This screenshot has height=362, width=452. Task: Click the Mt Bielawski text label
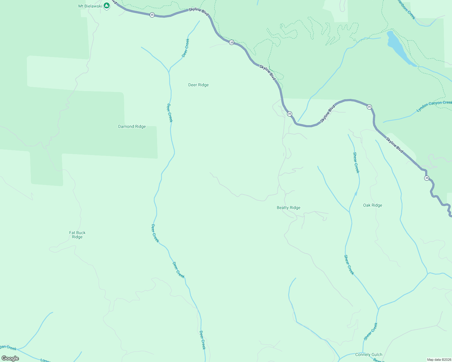pyautogui.click(x=90, y=6)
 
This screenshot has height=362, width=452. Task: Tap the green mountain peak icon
pyautogui.click(x=106, y=5)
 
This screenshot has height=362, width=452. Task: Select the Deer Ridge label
pyautogui.click(x=198, y=85)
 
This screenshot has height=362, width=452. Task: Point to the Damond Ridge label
pyautogui.click(x=132, y=127)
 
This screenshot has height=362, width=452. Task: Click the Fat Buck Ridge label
pyautogui.click(x=77, y=235)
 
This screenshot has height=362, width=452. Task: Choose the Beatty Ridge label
pyautogui.click(x=289, y=208)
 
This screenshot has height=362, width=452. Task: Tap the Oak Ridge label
pyautogui.click(x=373, y=205)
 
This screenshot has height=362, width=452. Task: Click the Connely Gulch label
pyautogui.click(x=369, y=354)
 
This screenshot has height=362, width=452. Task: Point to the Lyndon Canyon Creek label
pyautogui.click(x=434, y=106)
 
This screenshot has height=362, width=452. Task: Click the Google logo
pyautogui.click(x=10, y=358)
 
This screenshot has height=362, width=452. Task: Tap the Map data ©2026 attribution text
pyautogui.click(x=439, y=360)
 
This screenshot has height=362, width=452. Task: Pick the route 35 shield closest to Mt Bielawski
pyautogui.click(x=152, y=15)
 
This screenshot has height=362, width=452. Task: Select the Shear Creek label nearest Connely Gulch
pyautogui.click(x=371, y=331)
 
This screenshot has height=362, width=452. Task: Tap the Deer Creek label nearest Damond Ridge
pyautogui.click(x=170, y=113)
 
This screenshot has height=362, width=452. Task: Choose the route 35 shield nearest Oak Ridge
pyautogui.click(x=427, y=178)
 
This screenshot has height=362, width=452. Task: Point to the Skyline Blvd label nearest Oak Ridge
pyautogui.click(x=395, y=145)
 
